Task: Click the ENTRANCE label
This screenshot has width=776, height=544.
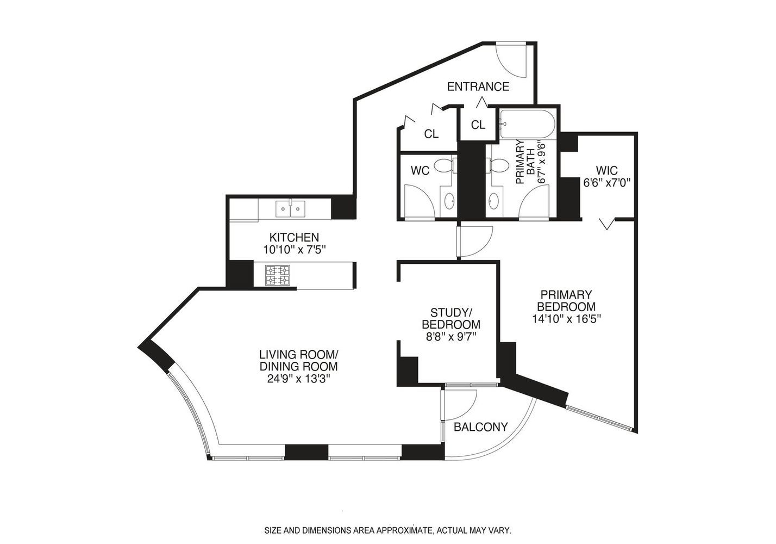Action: tap(478, 86)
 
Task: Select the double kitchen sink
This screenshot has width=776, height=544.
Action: tap(290, 208)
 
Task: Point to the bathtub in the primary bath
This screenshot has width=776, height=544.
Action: tap(527, 125)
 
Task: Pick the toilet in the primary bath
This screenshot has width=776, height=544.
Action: tap(496, 165)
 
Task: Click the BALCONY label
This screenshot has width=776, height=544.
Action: tap(480, 427)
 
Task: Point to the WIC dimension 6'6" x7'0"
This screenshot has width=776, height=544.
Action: tap(606, 183)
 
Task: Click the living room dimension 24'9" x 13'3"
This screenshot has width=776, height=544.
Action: tap(298, 378)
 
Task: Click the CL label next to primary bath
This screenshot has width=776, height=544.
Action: tap(478, 125)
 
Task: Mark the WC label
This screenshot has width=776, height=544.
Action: tap(420, 171)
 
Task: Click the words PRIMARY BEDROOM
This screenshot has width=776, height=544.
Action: tap(566, 300)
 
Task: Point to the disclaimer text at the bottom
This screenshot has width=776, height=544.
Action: tap(387, 530)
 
